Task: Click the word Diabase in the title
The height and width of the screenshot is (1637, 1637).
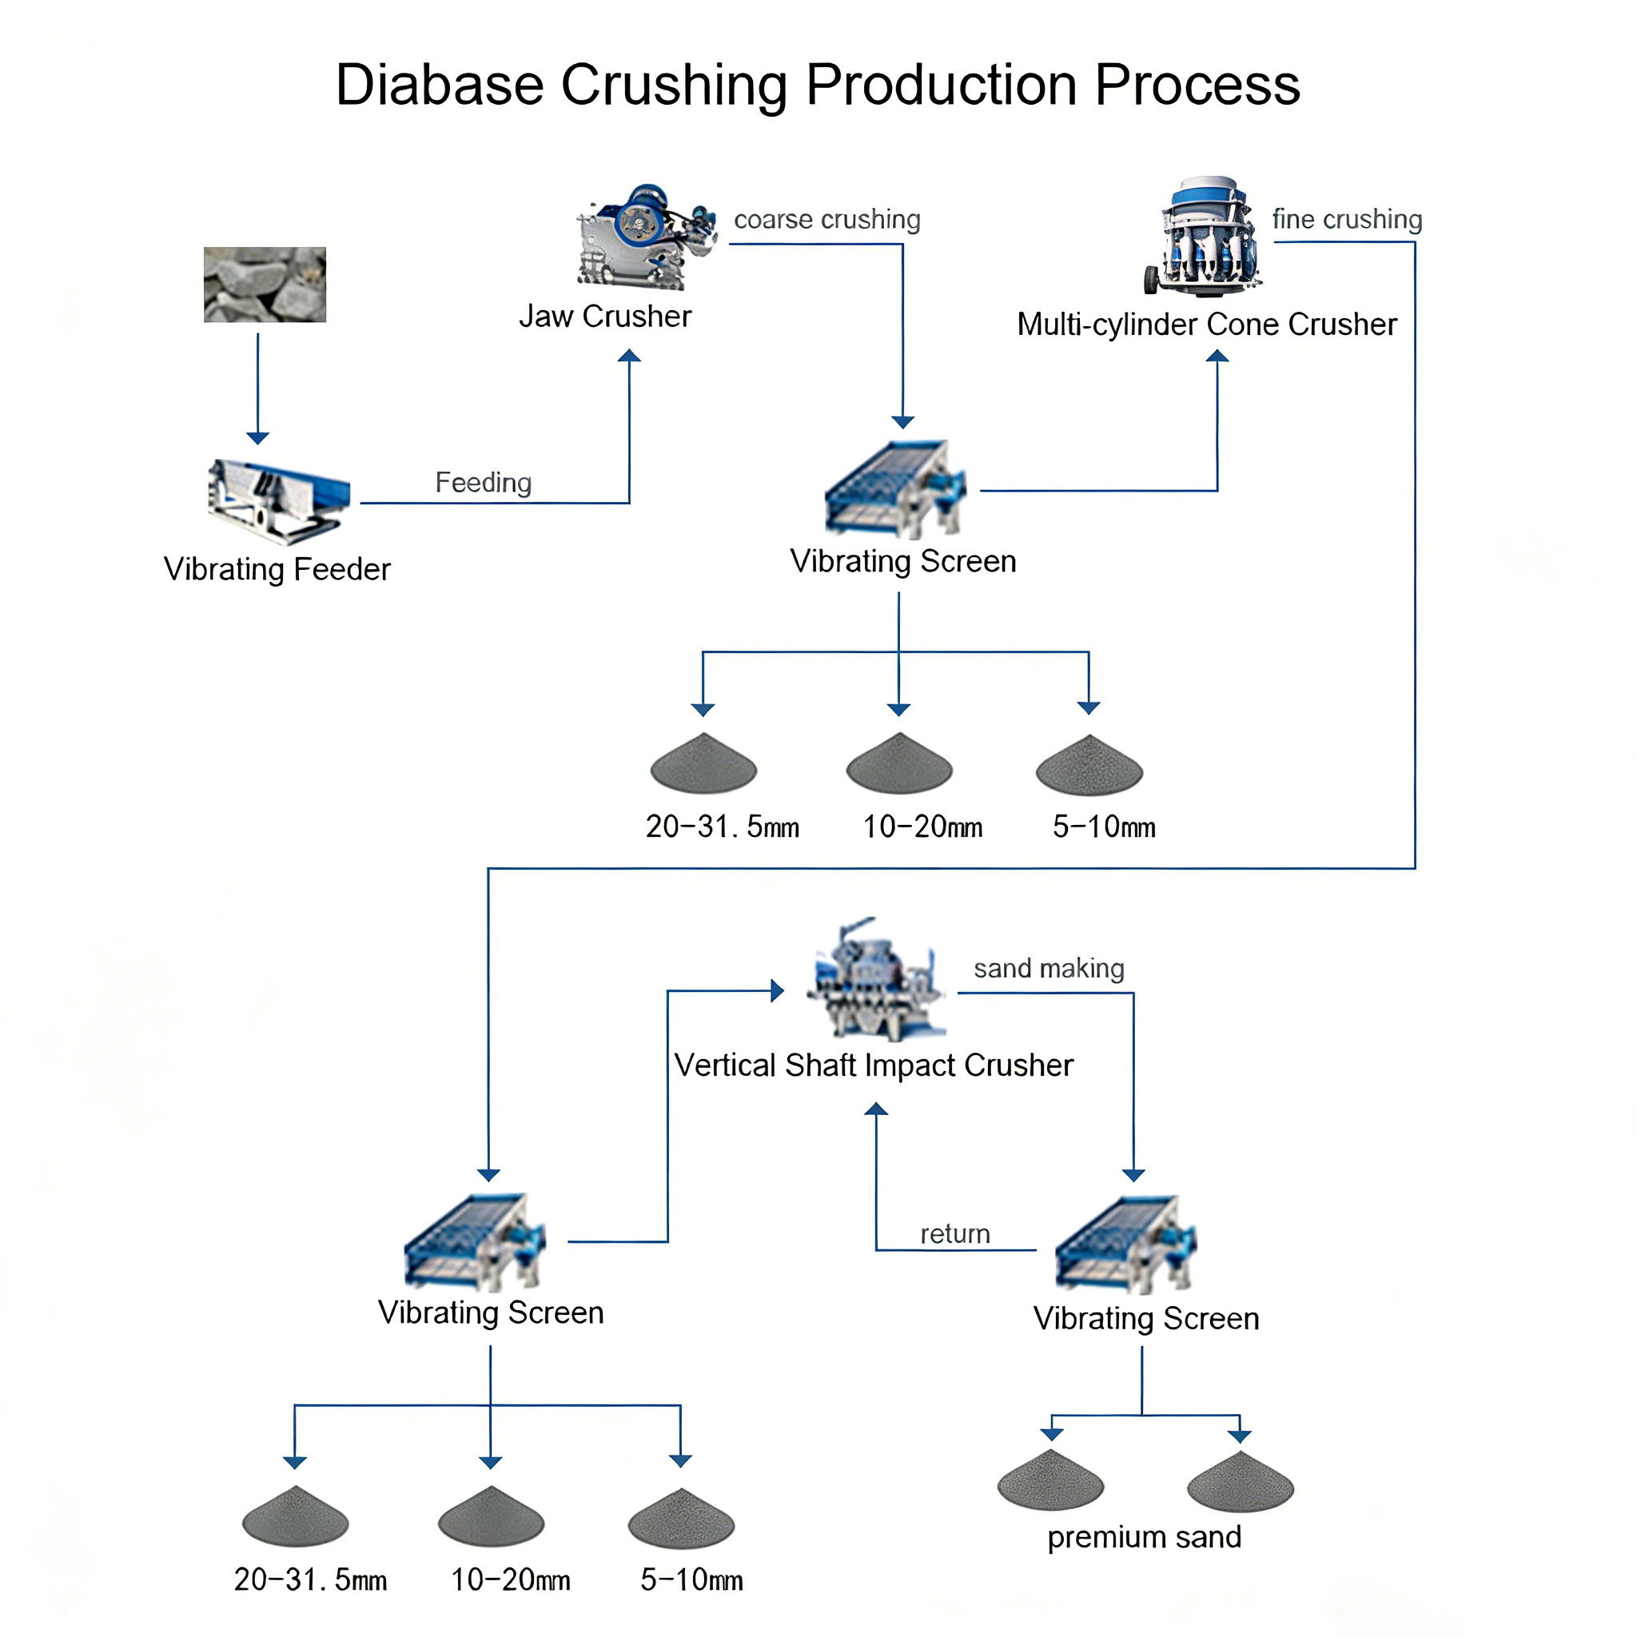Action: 440,85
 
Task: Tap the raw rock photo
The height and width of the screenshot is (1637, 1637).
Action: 265,285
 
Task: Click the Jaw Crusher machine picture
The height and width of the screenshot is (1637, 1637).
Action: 647,237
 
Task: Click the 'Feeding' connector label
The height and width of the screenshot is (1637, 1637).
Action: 483,482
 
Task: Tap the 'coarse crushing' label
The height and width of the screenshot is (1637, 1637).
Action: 827,220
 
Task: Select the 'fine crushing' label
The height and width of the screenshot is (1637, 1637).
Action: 1347,220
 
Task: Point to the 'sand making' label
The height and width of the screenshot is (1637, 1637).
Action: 1049,968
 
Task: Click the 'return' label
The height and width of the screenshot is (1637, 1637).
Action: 955,1233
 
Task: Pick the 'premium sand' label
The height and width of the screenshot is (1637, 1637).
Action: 1144,1537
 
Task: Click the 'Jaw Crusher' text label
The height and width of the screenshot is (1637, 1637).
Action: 605,316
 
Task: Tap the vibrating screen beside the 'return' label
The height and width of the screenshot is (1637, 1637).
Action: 1126,1245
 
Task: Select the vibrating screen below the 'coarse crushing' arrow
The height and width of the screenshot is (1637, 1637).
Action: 895,489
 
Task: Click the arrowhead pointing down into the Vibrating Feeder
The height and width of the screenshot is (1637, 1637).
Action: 257,438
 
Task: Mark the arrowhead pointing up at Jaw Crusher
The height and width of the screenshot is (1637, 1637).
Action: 629,356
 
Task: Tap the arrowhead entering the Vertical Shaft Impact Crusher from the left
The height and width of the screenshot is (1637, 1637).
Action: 778,990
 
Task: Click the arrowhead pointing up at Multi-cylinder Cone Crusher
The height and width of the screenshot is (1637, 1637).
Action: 1217,356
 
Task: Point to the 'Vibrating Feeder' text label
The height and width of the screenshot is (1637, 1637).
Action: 277,569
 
